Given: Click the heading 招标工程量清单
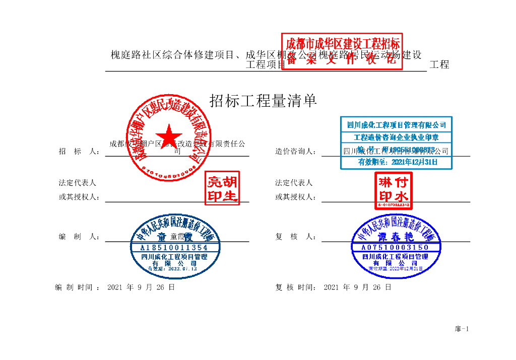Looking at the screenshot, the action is click(263, 101).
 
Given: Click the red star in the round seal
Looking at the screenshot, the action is click(169, 136).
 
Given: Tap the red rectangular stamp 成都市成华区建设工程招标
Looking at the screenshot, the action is click(343, 51).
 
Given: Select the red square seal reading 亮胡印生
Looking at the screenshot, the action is click(222, 189).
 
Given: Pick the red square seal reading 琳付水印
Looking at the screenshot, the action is click(394, 190).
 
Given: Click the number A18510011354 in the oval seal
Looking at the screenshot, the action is click(174, 248).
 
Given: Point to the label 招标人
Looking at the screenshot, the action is click(79, 151).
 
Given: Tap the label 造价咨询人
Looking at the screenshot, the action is click(295, 151).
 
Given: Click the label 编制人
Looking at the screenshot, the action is click(79, 237).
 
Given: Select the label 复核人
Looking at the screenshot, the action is click(295, 237).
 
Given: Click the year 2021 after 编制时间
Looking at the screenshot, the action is click(115, 287).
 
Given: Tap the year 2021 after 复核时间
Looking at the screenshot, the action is click(331, 287).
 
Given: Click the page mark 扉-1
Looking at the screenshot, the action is click(462, 329).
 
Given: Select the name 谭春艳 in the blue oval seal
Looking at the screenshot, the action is click(396, 237).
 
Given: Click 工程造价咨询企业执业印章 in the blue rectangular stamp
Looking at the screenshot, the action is click(396, 137).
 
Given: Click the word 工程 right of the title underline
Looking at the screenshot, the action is click(439, 64).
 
